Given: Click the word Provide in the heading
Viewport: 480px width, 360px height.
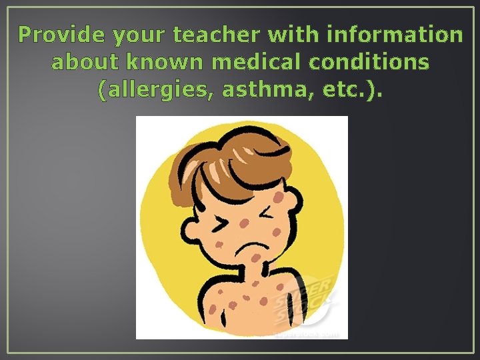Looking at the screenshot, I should point(55,35).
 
